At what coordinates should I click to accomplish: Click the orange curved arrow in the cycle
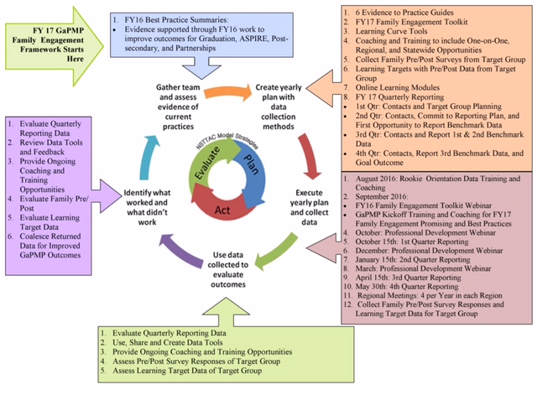(x=227, y=92)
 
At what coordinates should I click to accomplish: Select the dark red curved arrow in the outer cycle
(x=309, y=156)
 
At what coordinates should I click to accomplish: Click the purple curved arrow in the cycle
(x=181, y=251)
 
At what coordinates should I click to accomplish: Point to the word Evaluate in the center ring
(x=207, y=163)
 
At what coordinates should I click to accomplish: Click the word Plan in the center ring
(x=251, y=164)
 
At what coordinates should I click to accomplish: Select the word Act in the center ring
(x=222, y=210)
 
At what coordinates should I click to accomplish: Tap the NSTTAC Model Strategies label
(x=227, y=140)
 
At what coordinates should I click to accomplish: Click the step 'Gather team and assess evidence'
(x=178, y=107)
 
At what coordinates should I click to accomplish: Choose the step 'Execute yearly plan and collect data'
(x=310, y=207)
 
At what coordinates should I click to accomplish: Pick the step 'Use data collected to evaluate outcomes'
(x=228, y=269)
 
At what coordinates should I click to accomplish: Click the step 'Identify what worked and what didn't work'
(x=147, y=207)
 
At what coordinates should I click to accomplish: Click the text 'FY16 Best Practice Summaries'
(x=176, y=19)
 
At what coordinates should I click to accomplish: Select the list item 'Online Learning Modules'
(x=397, y=88)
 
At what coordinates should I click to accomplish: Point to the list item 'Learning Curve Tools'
(x=391, y=32)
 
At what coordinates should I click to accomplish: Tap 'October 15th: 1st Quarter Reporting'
(x=412, y=242)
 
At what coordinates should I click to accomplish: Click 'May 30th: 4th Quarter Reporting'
(x=407, y=287)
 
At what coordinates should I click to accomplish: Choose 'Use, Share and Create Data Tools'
(x=168, y=342)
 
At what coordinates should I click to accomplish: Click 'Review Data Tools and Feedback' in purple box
(x=51, y=148)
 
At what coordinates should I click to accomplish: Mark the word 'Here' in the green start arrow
(x=76, y=59)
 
